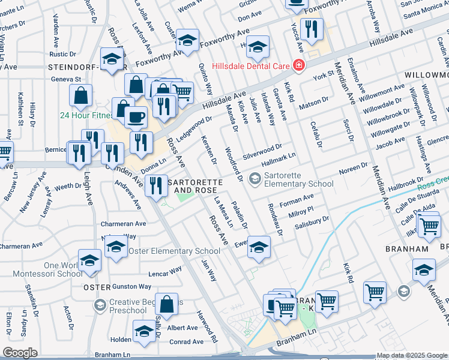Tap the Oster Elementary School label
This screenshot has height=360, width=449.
click(174, 251)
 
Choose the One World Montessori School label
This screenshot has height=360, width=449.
click(41, 269)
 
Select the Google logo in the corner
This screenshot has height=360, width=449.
click(20, 353)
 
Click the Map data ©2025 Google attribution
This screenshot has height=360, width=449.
click(411, 355)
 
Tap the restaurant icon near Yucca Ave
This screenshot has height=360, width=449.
click(311, 30)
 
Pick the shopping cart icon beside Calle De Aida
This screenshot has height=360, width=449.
click(429, 227)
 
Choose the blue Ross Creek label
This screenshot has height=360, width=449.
click(433, 182)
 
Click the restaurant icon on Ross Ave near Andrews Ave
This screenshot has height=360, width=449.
click(156, 185)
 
